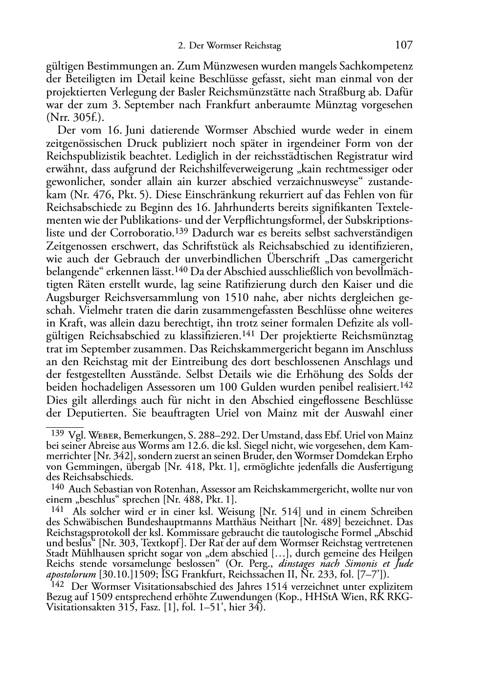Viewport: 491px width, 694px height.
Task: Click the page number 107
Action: click(403, 46)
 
